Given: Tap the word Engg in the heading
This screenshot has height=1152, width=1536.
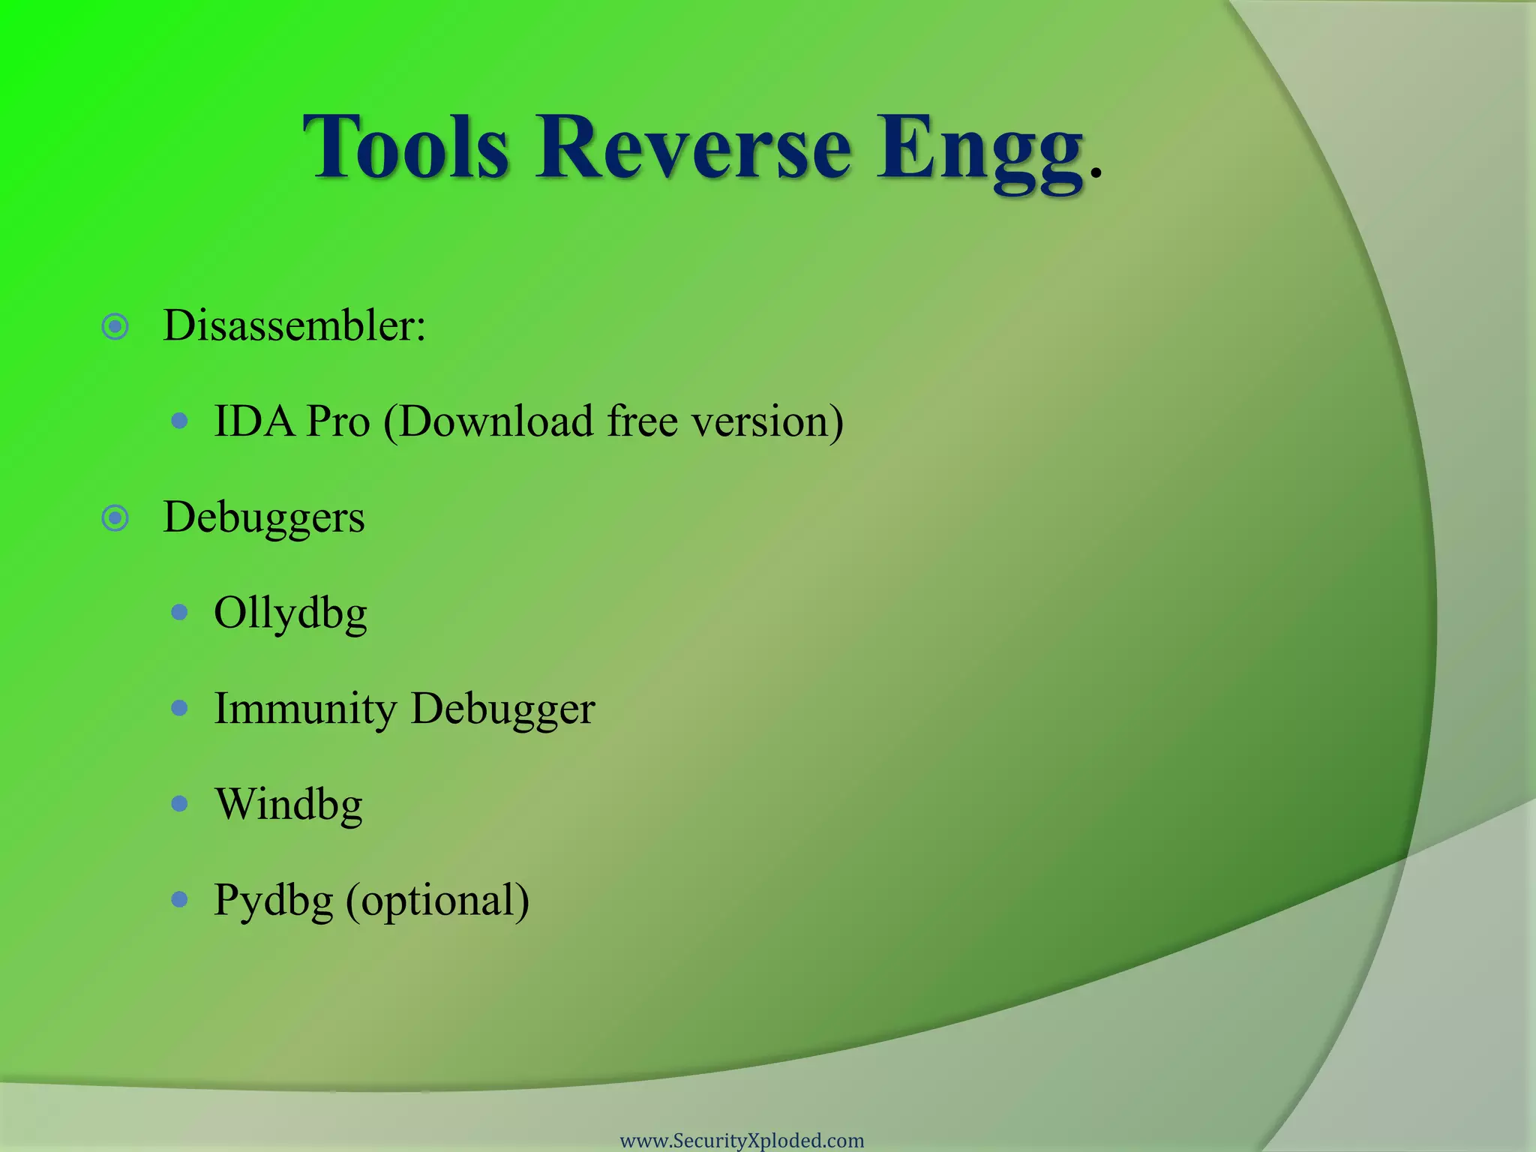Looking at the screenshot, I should [x=980, y=150].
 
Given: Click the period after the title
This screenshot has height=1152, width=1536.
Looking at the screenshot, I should [x=1096, y=174].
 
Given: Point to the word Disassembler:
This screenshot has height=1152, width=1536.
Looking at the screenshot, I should [x=294, y=326].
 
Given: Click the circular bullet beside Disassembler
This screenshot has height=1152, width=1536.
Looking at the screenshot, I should [x=115, y=326].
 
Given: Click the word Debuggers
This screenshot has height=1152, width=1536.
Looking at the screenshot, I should [x=264, y=518].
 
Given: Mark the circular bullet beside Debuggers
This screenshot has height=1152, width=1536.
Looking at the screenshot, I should [x=115, y=518].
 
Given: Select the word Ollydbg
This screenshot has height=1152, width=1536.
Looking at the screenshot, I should [x=290, y=614].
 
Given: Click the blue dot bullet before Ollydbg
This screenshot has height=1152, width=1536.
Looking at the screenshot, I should [x=179, y=613].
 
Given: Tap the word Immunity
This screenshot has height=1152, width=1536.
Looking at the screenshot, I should [x=305, y=709].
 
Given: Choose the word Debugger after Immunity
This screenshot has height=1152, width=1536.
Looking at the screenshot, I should [x=502, y=709].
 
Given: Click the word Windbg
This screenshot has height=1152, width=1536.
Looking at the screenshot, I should [x=289, y=805].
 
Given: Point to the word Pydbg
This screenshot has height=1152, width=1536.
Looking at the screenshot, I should [x=273, y=901].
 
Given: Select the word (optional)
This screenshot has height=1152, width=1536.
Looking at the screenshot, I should [x=437, y=901].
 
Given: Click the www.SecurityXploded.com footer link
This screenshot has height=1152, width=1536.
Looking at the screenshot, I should [x=742, y=1141].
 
